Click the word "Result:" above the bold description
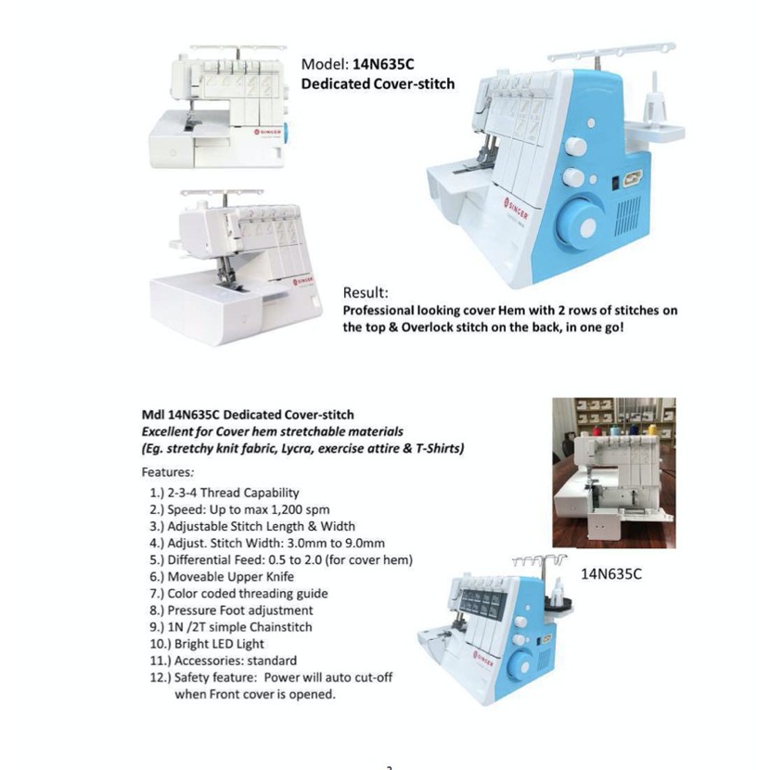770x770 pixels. (367, 293)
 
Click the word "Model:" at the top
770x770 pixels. (325, 65)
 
